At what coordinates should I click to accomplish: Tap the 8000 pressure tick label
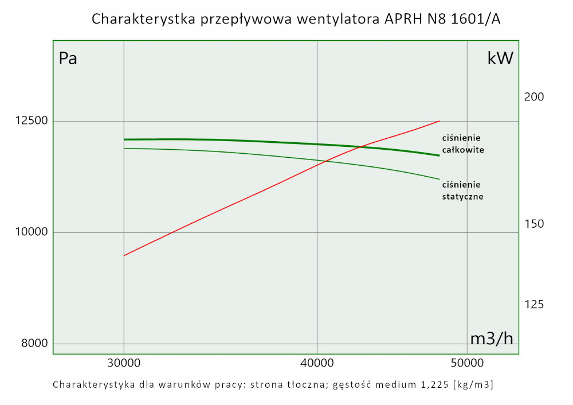tap(28, 344)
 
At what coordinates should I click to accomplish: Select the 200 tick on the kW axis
tap(534, 97)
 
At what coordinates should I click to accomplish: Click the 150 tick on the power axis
tap(534, 223)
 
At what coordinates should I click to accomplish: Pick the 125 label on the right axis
tap(534, 305)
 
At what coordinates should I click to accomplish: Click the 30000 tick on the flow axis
tap(124, 363)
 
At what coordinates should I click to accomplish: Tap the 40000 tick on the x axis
tap(317, 363)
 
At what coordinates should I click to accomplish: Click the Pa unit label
tap(68, 59)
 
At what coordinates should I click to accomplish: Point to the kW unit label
tap(500, 58)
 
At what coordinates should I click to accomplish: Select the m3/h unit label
tap(492, 338)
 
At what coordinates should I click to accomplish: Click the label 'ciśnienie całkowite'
tap(463, 144)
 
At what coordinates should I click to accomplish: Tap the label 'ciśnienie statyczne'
tap(462, 190)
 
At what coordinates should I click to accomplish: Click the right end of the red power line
tap(439, 121)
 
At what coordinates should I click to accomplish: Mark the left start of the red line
tap(124, 255)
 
